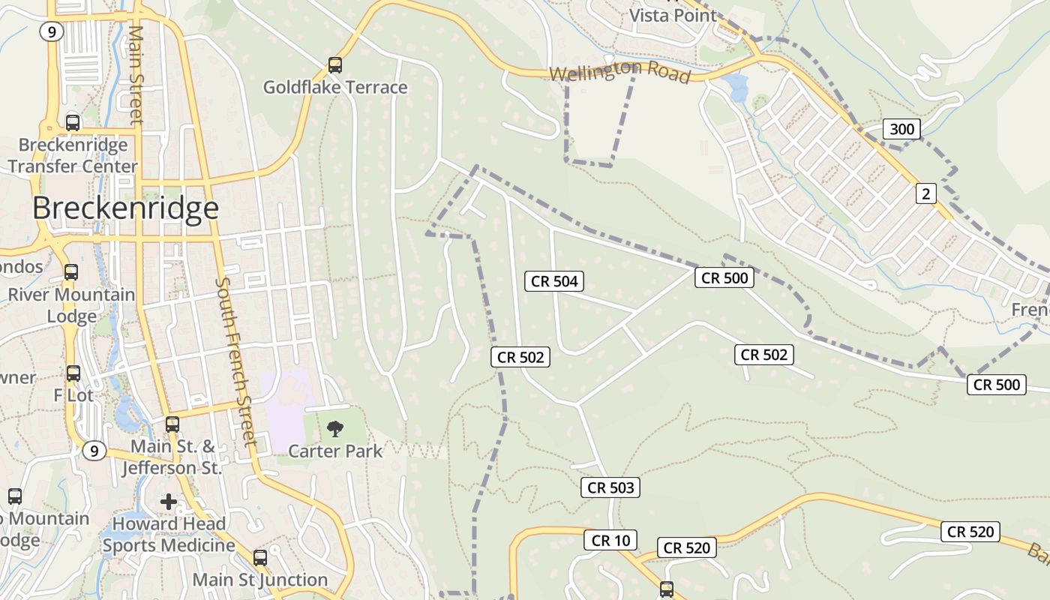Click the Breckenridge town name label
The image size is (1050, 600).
(125, 208)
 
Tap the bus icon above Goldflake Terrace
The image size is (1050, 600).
(335, 65)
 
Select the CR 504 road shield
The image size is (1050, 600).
(554, 281)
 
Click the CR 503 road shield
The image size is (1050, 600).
(610, 487)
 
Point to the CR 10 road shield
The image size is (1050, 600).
(610, 540)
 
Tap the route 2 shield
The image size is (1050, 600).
(926, 193)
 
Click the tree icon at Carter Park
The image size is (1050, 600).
(335, 429)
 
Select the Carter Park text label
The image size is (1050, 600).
(335, 451)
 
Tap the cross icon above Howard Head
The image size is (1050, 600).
(169, 501)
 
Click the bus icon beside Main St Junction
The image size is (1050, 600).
(260, 558)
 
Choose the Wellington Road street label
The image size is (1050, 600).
(619, 73)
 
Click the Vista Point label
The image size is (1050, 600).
(673, 15)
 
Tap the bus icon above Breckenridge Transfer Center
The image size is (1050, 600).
(73, 122)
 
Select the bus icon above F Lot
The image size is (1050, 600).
(73, 373)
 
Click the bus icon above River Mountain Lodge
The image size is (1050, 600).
(71, 272)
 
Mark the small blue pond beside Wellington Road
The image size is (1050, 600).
(736, 86)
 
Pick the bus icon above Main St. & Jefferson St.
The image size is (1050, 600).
(172, 424)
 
